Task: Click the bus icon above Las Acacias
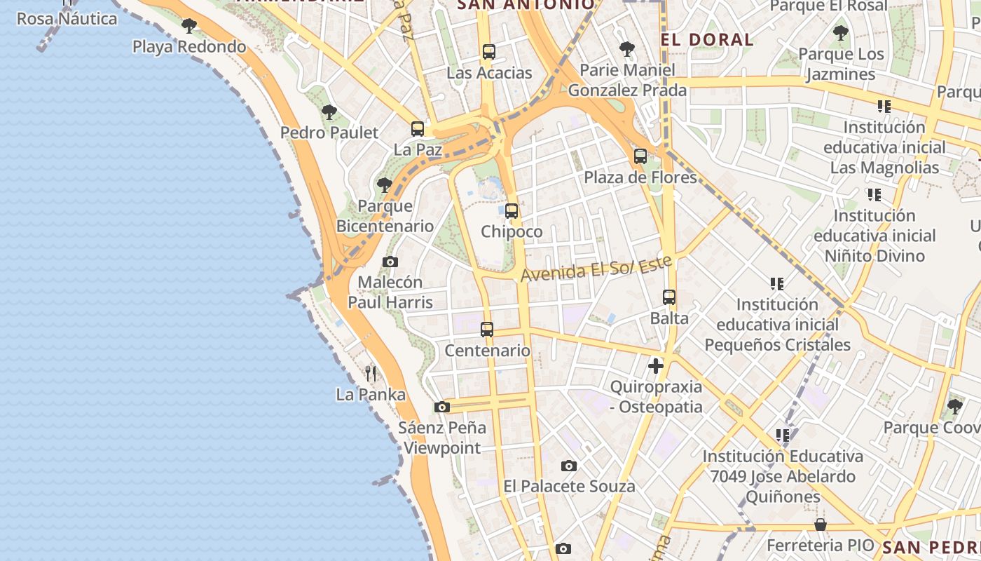pos(489,52)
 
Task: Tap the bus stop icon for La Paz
pos(418,129)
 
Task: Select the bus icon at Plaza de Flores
pos(640,156)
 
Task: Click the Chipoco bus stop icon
pos(512,211)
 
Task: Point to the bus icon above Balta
pos(669,297)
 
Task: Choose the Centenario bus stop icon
pos(487,330)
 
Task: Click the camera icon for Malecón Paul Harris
pos(390,262)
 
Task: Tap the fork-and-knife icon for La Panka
pos(371,374)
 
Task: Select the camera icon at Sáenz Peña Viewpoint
pos(441,407)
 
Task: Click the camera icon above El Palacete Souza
pos(569,466)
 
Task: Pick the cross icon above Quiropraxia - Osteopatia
pos(656,366)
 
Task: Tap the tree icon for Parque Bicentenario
pos(384,185)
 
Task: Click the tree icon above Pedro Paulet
pos(329,112)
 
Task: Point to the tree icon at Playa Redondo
pos(188,27)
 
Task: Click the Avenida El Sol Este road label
pos(596,269)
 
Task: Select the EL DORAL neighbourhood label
pos(707,39)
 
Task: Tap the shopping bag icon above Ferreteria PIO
pos(821,525)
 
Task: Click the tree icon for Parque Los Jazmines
pos(840,33)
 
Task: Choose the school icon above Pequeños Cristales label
pos(776,284)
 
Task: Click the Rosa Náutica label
pos(67,18)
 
